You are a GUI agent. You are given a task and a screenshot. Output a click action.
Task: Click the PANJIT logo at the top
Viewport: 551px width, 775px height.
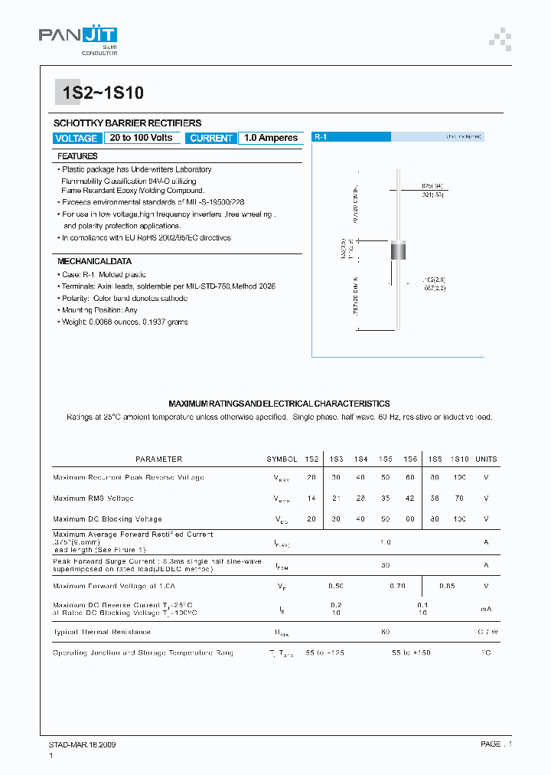(x=78, y=37)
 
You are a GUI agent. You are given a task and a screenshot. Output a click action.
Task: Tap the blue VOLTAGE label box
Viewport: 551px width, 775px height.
(x=77, y=139)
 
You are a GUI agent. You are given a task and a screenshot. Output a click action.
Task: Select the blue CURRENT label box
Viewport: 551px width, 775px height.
(x=211, y=139)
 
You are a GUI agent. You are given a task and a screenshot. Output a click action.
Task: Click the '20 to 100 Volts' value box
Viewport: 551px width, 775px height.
(x=141, y=138)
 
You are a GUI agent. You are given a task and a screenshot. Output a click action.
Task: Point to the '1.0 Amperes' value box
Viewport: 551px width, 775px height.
(x=270, y=138)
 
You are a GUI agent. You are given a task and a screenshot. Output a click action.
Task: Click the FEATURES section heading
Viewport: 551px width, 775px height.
(x=77, y=156)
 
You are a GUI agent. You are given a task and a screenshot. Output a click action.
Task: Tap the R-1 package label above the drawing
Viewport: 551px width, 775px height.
(x=321, y=136)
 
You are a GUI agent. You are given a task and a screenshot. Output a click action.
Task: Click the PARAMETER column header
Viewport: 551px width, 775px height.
(x=158, y=459)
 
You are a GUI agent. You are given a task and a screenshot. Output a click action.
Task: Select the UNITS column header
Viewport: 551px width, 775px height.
(x=486, y=459)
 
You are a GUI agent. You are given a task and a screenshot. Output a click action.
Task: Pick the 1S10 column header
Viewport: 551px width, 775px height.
(x=459, y=459)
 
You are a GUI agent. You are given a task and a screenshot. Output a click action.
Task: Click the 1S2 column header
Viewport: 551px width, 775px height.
(x=311, y=459)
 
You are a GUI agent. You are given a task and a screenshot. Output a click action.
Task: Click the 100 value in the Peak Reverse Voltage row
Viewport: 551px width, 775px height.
(x=459, y=477)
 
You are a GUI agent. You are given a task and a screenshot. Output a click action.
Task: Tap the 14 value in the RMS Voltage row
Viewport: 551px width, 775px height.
(x=311, y=498)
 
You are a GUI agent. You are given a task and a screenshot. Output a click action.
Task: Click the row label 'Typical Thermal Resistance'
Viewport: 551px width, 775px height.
(x=102, y=632)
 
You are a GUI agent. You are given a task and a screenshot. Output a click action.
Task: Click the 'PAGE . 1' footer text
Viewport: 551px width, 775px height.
(x=496, y=744)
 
